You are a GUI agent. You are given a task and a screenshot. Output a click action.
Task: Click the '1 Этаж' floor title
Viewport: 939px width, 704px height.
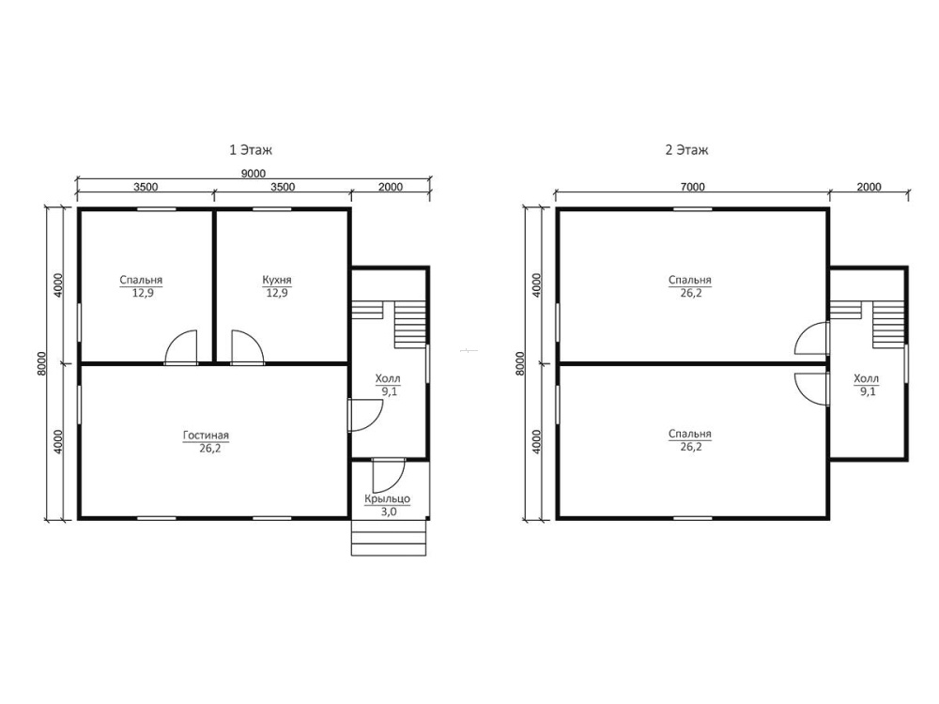tap(251, 149)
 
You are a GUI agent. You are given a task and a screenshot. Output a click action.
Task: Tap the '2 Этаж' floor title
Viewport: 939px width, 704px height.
tap(686, 149)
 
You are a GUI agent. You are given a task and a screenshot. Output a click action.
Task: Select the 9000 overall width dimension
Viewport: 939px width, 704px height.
tap(254, 174)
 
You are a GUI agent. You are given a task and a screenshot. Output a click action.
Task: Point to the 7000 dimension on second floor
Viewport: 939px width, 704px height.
tap(692, 187)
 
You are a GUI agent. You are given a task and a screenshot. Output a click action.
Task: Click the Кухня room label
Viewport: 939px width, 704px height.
tap(277, 280)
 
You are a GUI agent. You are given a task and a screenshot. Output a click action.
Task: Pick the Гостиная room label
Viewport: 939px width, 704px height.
tap(206, 436)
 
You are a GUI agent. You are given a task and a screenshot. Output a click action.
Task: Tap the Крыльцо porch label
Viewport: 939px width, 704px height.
tap(388, 498)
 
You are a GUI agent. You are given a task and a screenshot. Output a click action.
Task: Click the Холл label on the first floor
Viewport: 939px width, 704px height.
tap(388, 378)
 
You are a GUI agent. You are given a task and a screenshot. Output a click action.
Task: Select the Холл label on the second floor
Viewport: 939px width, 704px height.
tap(866, 378)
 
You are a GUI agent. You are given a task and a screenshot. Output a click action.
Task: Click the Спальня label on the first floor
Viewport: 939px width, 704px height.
tap(141, 280)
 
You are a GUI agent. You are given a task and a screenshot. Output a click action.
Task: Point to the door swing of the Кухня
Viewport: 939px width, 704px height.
tap(246, 346)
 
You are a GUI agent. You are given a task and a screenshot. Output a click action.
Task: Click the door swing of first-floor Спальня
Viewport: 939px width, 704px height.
tap(181, 346)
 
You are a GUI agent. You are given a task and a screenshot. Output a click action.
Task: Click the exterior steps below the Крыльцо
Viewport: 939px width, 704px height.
tap(389, 538)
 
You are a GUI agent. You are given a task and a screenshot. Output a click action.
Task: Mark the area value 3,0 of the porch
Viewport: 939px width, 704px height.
tap(389, 512)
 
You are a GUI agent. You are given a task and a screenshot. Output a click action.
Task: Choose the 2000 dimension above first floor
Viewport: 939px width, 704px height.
tap(391, 187)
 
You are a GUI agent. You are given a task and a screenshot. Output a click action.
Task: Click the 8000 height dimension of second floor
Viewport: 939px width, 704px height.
tap(520, 362)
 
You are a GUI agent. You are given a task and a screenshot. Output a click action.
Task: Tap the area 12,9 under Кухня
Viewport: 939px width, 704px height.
tap(277, 293)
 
